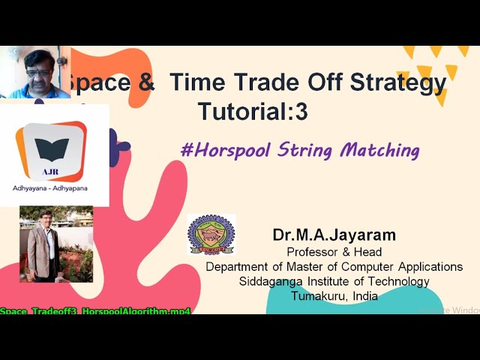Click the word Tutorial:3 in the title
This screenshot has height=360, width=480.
point(253,111)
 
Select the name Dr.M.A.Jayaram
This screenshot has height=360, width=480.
point(334,235)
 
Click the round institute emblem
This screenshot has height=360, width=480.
point(211,235)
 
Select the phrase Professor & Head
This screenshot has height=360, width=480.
point(334,252)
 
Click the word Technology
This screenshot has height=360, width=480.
point(394,281)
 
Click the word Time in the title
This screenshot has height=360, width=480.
point(196,83)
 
